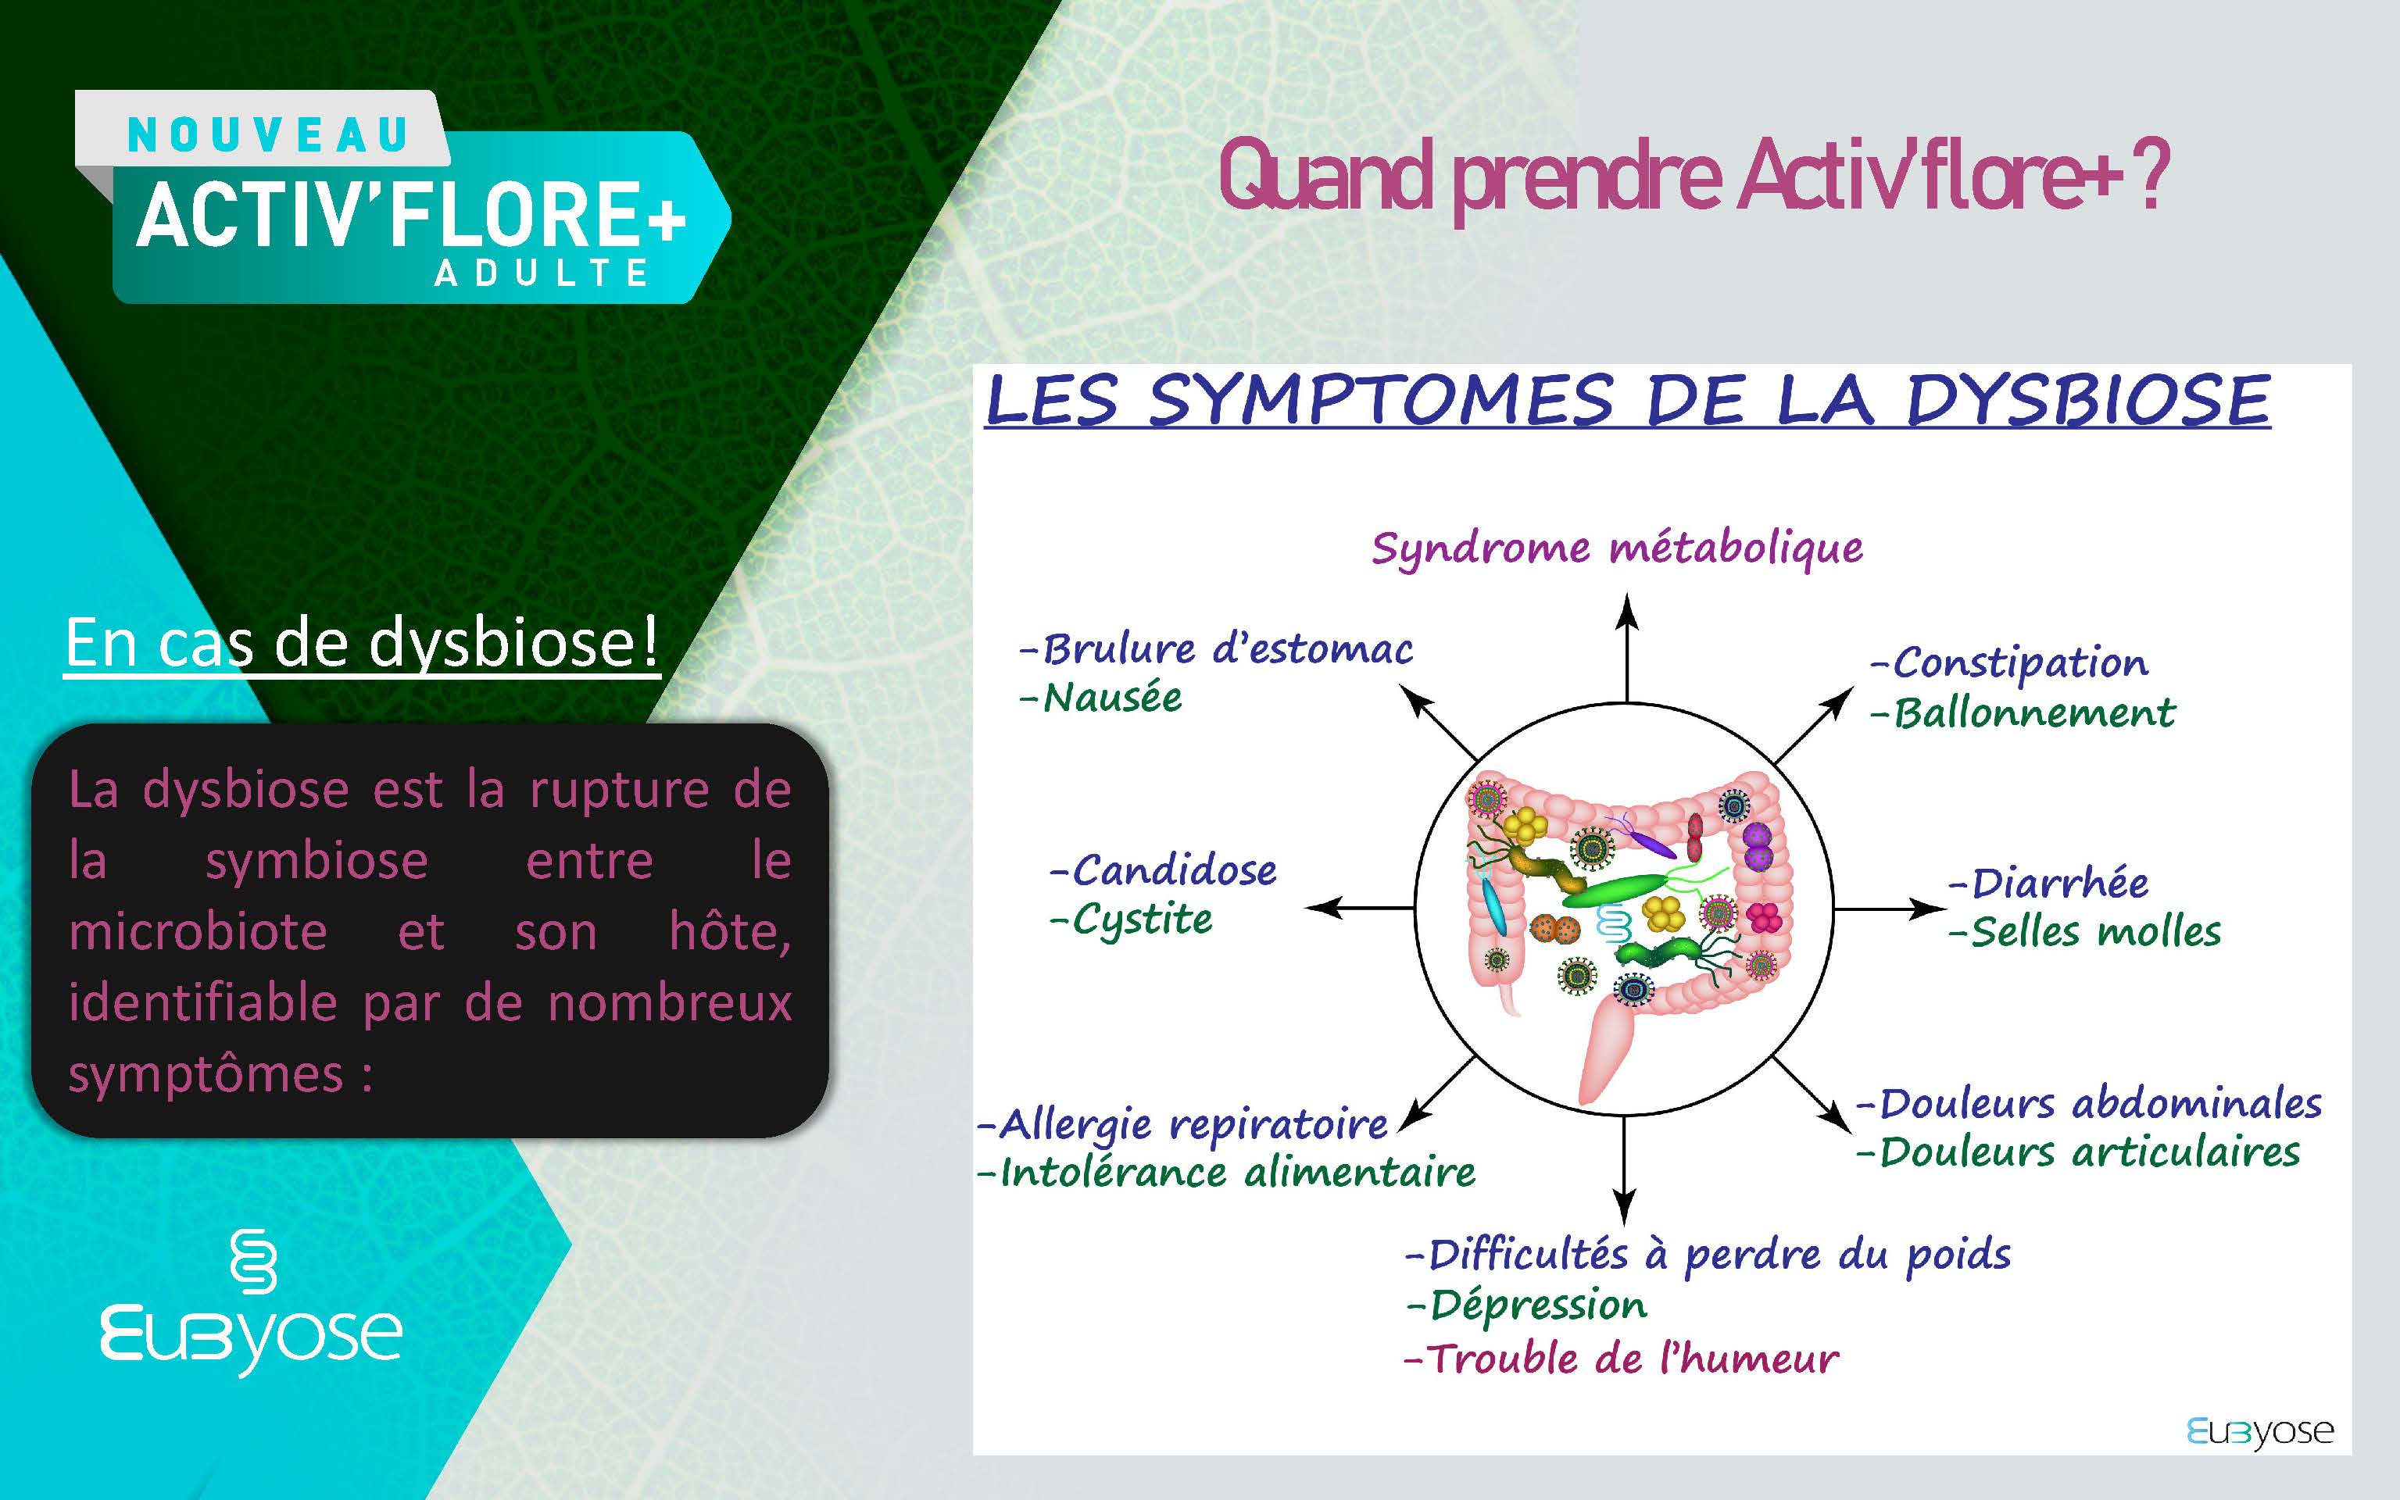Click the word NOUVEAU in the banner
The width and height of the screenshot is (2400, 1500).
[268, 135]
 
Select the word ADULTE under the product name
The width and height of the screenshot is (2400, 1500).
[542, 273]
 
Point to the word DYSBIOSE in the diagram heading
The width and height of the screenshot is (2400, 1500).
[2088, 401]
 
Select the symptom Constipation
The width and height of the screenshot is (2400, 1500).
[2010, 662]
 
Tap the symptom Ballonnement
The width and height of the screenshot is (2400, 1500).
[2023, 712]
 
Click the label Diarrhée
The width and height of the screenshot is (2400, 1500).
[2049, 882]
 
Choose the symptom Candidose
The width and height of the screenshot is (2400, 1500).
[1164, 870]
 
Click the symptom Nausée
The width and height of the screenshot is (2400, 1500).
[1101, 698]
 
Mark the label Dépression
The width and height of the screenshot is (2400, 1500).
[1527, 1305]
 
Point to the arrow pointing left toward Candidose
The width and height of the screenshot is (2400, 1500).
[1359, 907]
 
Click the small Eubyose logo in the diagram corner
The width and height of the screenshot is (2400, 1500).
[2260, 1431]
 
